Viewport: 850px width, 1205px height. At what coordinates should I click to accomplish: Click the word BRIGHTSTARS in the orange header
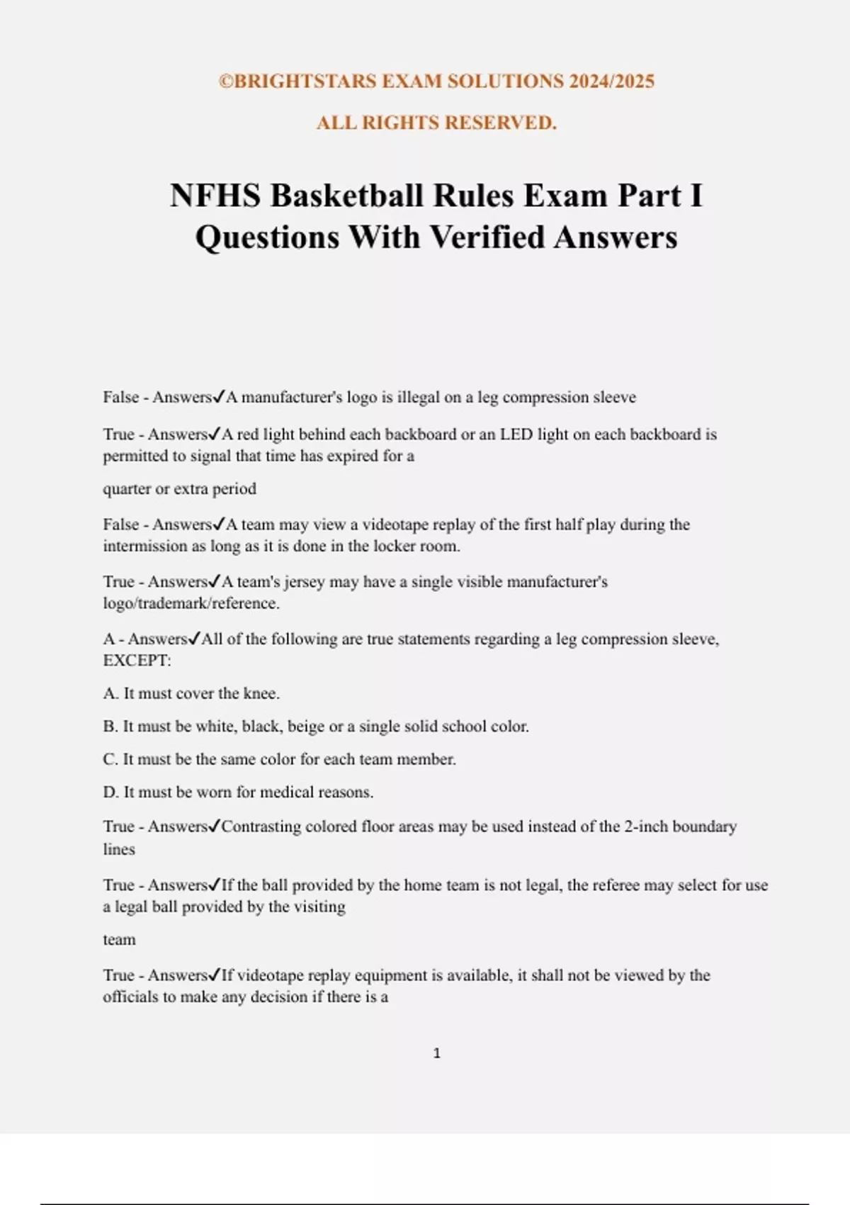coord(305,82)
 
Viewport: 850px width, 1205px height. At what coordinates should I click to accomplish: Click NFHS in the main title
coord(215,196)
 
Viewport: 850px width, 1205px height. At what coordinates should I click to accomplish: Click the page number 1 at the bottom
coord(436,1053)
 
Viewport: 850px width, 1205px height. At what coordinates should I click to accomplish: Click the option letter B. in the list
coord(110,727)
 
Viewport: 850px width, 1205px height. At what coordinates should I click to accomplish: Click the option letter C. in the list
coord(110,759)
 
